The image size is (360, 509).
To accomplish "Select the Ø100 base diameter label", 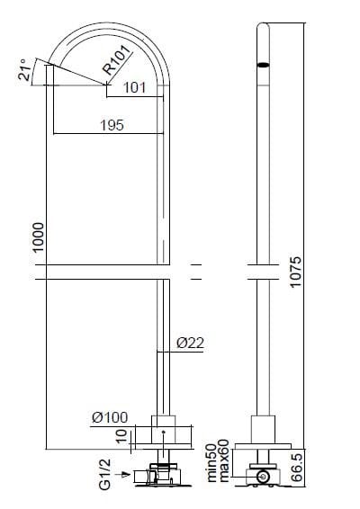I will click(110, 416).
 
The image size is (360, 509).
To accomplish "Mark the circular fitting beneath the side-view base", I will click(263, 478).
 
